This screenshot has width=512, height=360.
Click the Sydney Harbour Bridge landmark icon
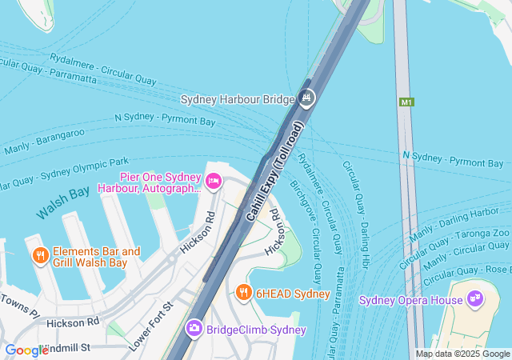(x=307, y=98)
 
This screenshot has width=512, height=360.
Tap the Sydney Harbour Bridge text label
(x=238, y=99)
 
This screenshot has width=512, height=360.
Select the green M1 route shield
(x=407, y=102)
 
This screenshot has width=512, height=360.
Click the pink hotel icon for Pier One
(x=214, y=182)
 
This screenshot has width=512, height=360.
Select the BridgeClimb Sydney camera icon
(x=194, y=328)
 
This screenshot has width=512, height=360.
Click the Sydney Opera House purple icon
(x=475, y=299)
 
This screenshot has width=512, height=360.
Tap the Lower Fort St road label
(x=151, y=325)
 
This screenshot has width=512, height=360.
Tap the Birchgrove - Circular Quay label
(x=306, y=231)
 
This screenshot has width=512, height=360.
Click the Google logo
(x=26, y=350)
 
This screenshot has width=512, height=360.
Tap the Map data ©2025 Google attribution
(x=462, y=354)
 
